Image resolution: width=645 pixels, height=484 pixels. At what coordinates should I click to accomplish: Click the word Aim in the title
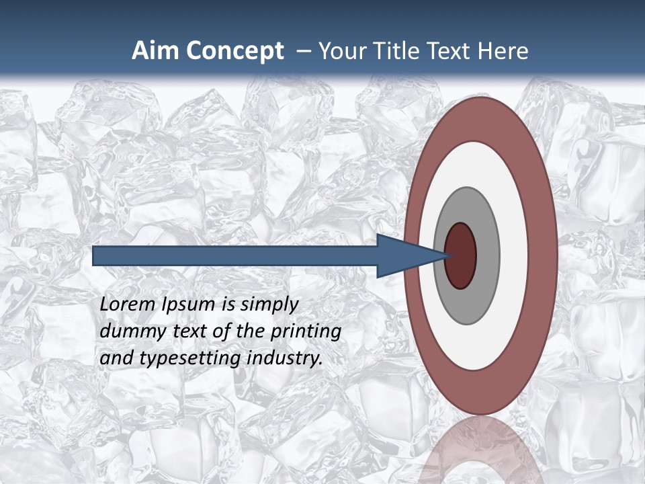153,51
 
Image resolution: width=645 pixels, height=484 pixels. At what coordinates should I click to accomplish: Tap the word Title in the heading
399,51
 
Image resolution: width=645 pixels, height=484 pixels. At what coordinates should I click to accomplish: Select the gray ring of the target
487,256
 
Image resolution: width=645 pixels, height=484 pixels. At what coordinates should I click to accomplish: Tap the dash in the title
303,52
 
